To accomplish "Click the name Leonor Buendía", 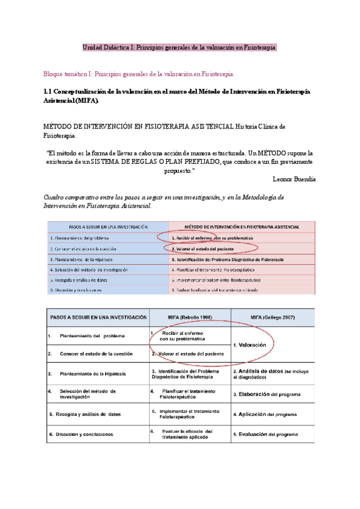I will point(293,179).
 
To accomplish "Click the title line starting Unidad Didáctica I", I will point(179,47).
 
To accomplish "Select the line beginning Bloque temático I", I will point(139,74).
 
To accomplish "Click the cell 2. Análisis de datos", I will point(270,375).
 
